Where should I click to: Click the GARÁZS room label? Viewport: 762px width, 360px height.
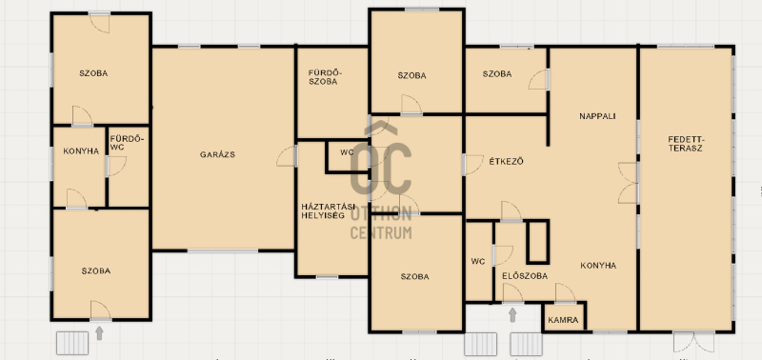tap(217, 155)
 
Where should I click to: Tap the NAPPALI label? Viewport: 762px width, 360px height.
tap(597, 116)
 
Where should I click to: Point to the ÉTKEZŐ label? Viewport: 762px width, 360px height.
tap(506, 162)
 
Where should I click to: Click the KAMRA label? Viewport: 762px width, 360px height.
tap(563, 320)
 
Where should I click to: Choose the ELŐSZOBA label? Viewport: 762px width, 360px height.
tap(525, 276)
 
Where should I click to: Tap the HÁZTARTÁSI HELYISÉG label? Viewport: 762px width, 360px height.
tap(325, 210)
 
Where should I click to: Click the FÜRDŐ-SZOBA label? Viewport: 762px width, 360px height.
tap(325, 77)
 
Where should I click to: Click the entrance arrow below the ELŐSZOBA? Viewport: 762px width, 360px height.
tap(512, 315)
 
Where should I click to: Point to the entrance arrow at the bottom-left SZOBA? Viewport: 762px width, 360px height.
tap(99, 332)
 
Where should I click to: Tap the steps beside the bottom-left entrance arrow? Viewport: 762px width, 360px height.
tap(72, 343)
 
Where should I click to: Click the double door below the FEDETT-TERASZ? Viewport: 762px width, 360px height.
tap(693, 342)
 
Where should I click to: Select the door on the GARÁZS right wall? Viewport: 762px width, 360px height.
tap(288, 156)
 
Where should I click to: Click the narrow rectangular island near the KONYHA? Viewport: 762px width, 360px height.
tap(537, 242)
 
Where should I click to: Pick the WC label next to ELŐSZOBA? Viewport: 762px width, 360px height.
tap(478, 261)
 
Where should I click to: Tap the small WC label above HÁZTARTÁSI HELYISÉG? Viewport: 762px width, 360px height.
tap(347, 152)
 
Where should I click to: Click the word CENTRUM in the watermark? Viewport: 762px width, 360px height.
tap(381, 233)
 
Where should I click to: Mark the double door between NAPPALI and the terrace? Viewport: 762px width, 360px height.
tap(628, 183)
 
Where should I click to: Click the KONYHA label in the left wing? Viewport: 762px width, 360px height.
tap(81, 151)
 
